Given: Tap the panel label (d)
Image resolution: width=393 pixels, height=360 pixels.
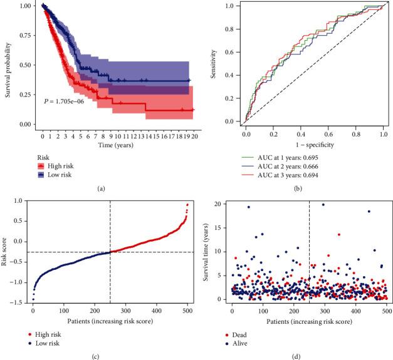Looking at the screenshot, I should point(306,354).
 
